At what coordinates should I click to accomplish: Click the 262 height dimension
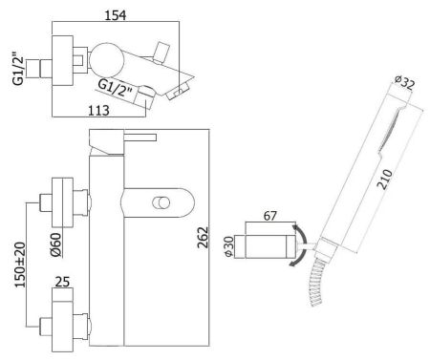[x=203, y=236]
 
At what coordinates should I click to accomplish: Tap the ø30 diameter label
[x=229, y=246]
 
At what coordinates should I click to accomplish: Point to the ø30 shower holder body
[x=269, y=246]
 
